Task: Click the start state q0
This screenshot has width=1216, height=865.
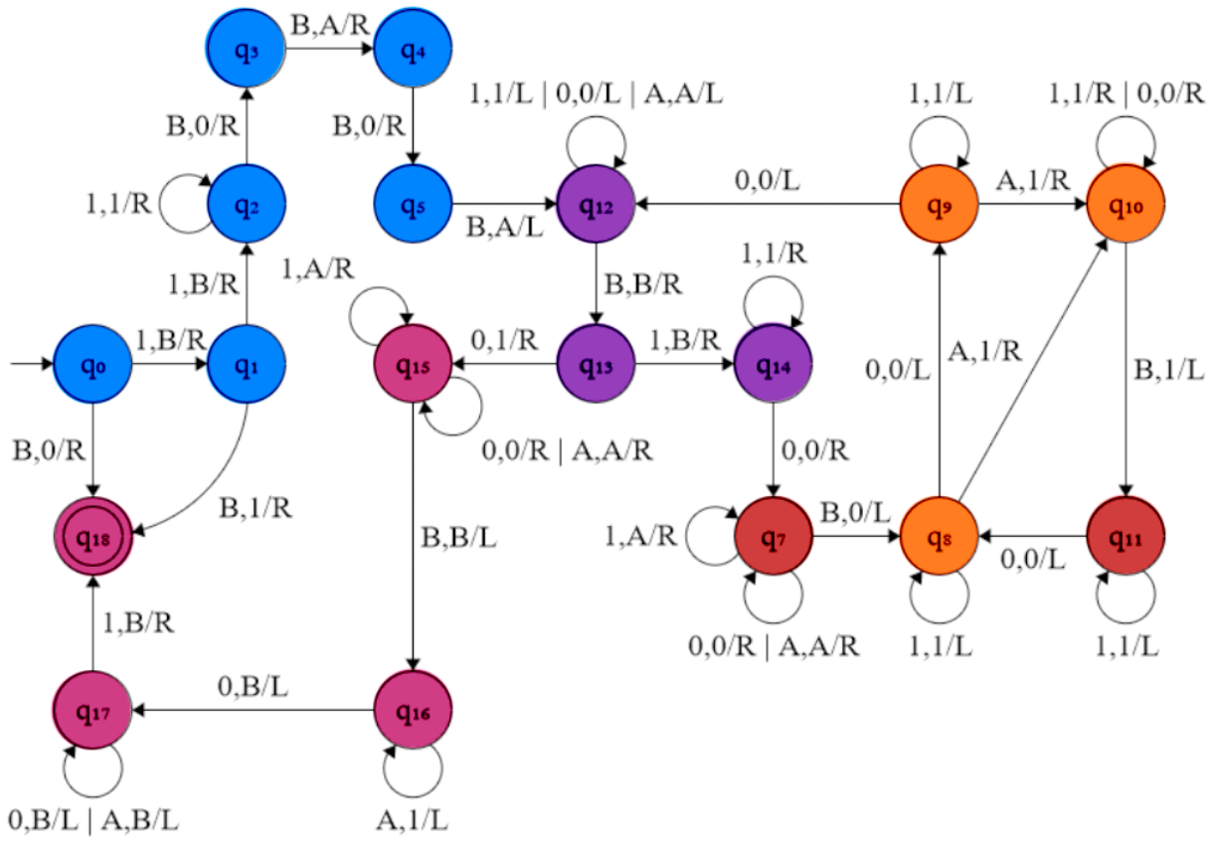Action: pyautogui.click(x=91, y=365)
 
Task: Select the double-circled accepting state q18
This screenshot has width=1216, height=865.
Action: pyautogui.click(x=91, y=537)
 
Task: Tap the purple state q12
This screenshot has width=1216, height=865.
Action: pyautogui.click(x=596, y=206)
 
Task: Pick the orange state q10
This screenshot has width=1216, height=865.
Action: pyautogui.click(x=1125, y=204)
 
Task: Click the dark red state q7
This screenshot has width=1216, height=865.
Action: pyautogui.click(x=774, y=537)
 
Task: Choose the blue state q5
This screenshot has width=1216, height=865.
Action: pyautogui.click(x=413, y=206)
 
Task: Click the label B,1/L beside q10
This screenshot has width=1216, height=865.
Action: pyautogui.click(x=1169, y=370)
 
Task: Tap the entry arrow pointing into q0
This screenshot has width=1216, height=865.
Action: pyautogui.click(x=30, y=365)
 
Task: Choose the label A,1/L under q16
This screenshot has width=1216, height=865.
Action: pyautogui.click(x=413, y=821)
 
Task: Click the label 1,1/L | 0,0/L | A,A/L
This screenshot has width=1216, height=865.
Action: pyautogui.click(x=596, y=94)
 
